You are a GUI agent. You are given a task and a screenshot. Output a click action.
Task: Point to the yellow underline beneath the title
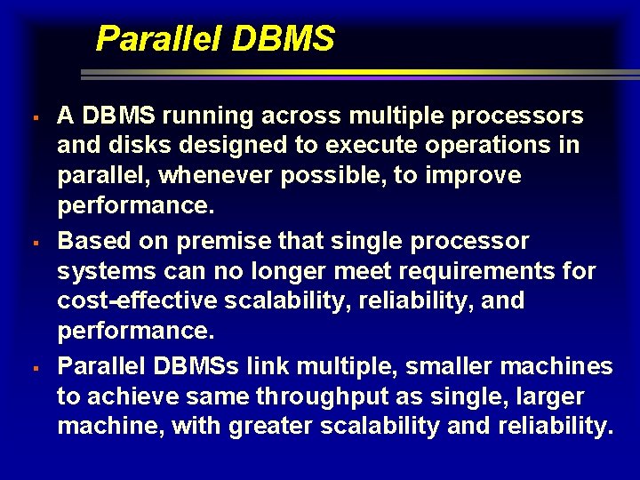356,72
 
